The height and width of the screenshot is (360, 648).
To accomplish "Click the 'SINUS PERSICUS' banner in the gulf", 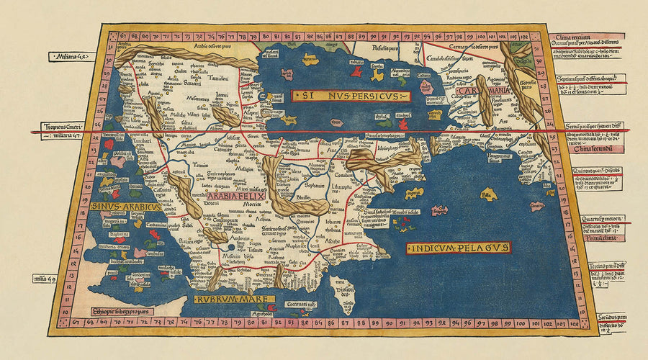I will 350,95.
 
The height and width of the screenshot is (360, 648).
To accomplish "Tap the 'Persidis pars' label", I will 375,48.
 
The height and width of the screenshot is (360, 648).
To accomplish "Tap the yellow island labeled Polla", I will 490,194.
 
